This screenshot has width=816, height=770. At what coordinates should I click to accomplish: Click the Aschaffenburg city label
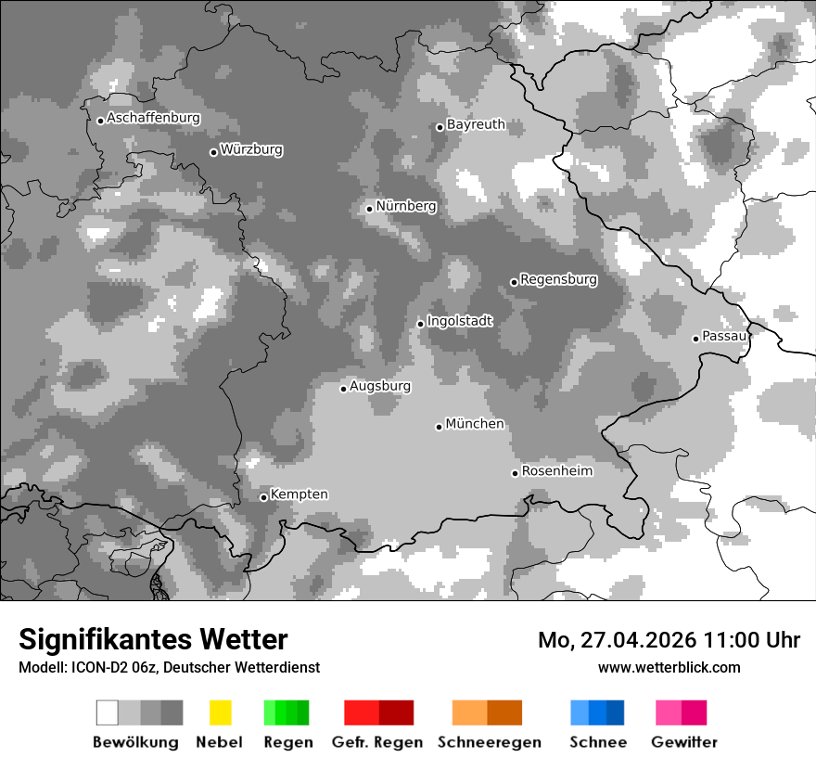[153, 119]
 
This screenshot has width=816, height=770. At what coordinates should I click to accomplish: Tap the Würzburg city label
[251, 150]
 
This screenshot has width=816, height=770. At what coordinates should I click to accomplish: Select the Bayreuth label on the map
[476, 124]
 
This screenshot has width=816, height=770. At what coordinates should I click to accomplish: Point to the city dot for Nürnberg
[369, 209]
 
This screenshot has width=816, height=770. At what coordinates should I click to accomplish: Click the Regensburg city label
[558, 279]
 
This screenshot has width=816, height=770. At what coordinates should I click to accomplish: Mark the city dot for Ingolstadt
[420, 324]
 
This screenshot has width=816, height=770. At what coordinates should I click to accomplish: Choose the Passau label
[724, 336]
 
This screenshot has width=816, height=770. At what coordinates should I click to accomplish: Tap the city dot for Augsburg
[343, 389]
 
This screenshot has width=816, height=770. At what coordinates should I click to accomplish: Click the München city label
[475, 424]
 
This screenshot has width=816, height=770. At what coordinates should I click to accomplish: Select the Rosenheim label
[556, 471]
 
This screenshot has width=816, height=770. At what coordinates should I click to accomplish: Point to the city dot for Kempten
[264, 497]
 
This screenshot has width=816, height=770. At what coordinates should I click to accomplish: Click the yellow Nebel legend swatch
[220, 712]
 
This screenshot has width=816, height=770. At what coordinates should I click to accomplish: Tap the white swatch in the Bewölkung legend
[108, 712]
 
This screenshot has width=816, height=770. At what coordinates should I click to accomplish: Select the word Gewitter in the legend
[683, 742]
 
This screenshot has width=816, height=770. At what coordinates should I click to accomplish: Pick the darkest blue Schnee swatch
[615, 712]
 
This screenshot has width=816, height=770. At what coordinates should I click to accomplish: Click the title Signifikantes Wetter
[153, 639]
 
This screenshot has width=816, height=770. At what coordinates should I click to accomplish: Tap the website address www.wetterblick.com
[669, 668]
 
